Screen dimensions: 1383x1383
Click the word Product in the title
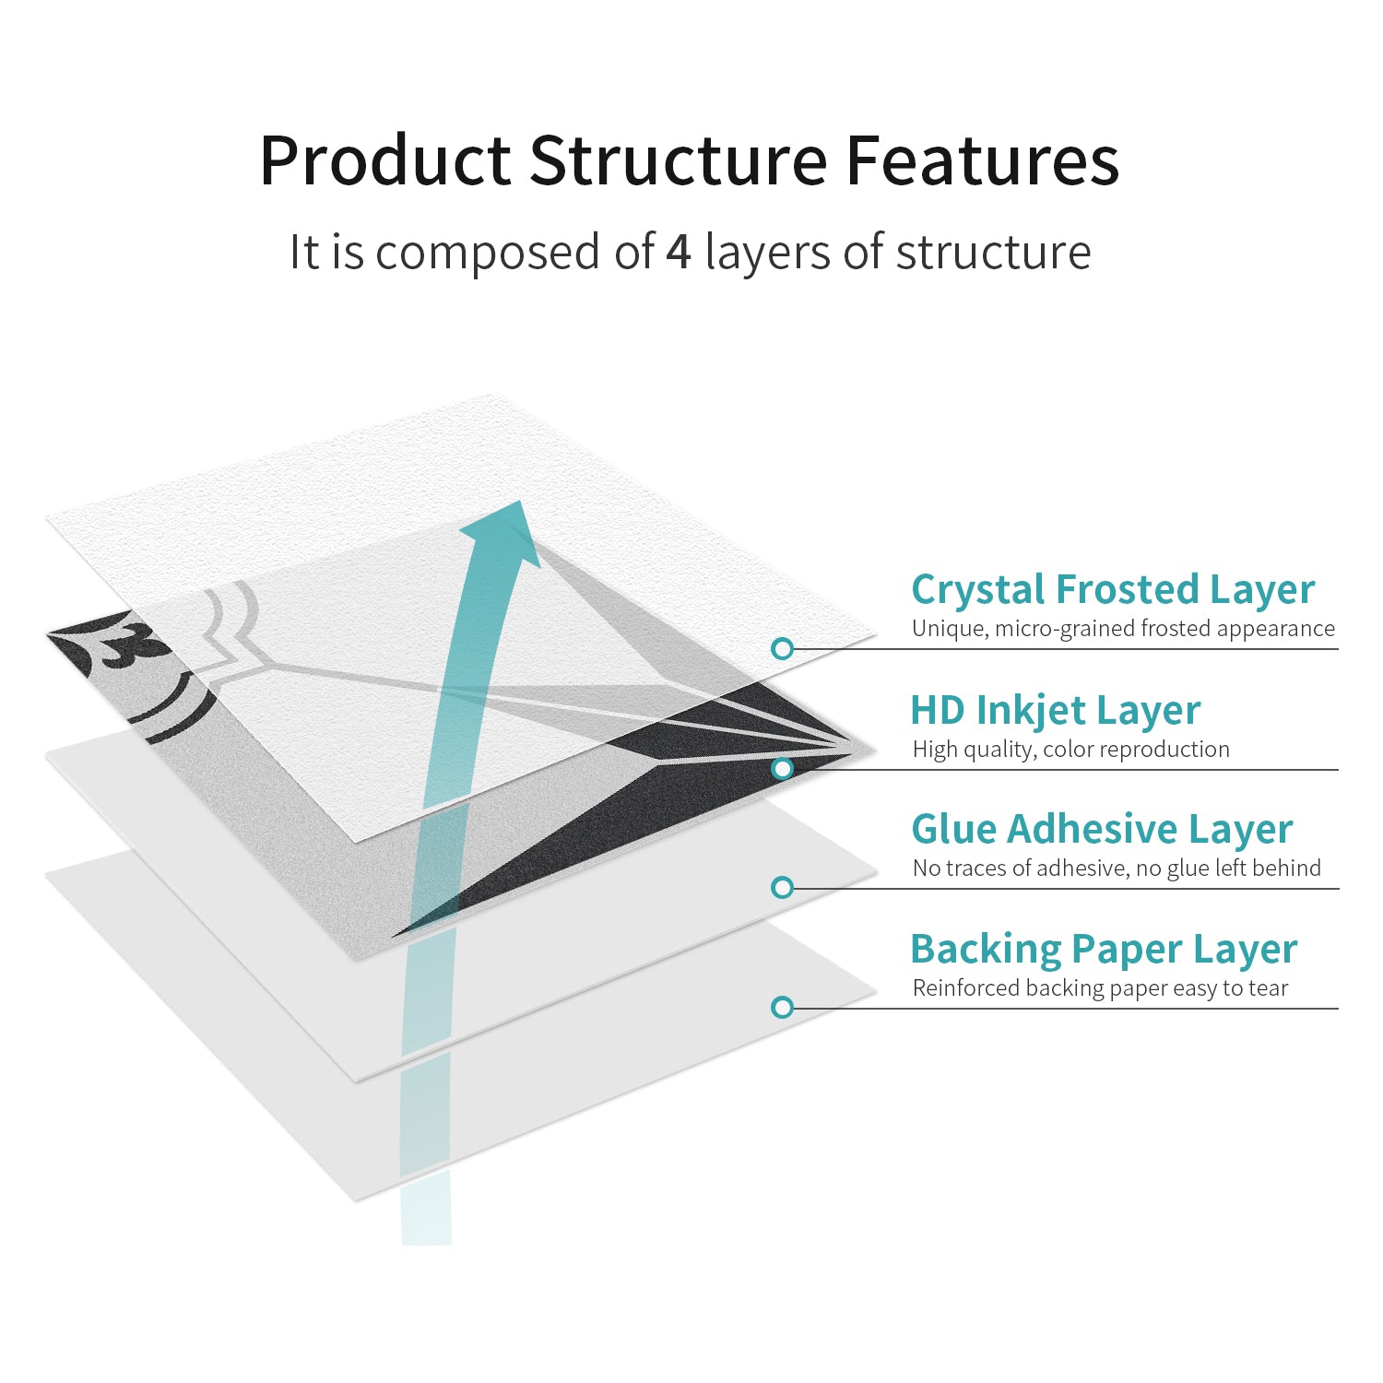[x=385, y=160]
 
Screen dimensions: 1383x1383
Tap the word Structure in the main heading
[x=678, y=160]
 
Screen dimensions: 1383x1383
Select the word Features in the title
[x=983, y=160]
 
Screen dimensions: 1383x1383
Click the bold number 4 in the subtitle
[x=679, y=252]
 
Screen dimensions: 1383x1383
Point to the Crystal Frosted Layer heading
[x=1113, y=589]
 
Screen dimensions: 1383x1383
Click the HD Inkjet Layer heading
[x=1056, y=710]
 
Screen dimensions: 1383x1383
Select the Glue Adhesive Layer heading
[x=1102, y=828]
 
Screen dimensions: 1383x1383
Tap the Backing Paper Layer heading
[x=1104, y=949]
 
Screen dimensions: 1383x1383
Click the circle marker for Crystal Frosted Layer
[x=782, y=649]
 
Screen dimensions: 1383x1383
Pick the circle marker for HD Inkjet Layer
[x=782, y=768]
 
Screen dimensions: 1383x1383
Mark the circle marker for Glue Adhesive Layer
[x=782, y=887]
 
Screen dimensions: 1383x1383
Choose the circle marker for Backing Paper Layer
[x=782, y=1007]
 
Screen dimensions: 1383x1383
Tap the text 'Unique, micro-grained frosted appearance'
[x=1123, y=629]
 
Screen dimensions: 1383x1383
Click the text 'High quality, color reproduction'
[x=1070, y=749]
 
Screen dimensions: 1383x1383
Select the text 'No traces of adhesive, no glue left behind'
[x=1117, y=868]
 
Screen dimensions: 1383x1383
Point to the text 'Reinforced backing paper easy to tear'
[x=1100, y=987]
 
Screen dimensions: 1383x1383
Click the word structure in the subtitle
[x=993, y=252]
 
